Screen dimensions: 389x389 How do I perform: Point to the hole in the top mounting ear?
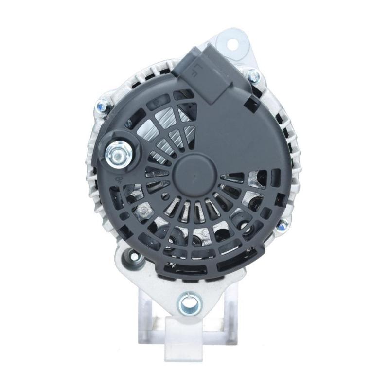pos(232,42)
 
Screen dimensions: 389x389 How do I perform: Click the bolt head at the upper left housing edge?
pos(102,105)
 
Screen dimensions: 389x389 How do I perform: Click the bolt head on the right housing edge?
pos(282,225)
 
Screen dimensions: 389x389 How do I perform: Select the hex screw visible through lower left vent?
pos(143,210)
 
